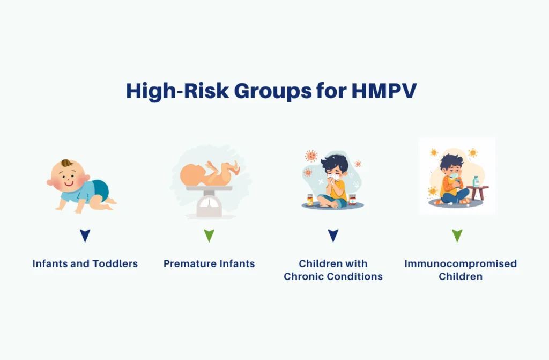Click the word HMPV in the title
[x=384, y=91]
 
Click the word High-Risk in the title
[x=177, y=91]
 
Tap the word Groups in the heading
[x=273, y=92]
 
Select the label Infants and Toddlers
[x=85, y=263]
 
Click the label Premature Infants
[x=209, y=263]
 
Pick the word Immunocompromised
[x=461, y=263]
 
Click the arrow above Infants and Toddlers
[x=85, y=235]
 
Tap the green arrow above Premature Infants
[x=209, y=235]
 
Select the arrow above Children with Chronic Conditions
[x=333, y=235]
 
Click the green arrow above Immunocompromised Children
[x=457, y=235]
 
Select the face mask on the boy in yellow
[x=333, y=177]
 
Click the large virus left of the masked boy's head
[x=311, y=156]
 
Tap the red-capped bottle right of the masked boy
[x=352, y=200]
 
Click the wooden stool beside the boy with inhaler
[x=478, y=193]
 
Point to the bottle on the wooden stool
[x=476, y=181]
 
